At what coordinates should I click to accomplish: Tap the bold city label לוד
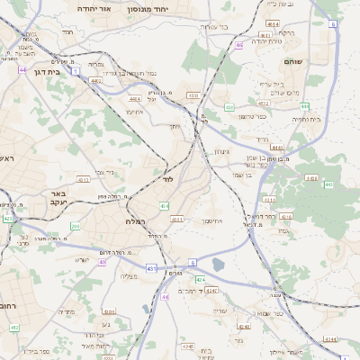[167, 180]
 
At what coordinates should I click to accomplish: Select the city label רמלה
[137, 220]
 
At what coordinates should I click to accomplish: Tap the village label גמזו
[283, 231]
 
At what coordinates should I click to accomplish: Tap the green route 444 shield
[304, 105]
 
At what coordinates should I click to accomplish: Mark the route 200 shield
[76, 226]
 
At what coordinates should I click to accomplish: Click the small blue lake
[219, 265]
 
